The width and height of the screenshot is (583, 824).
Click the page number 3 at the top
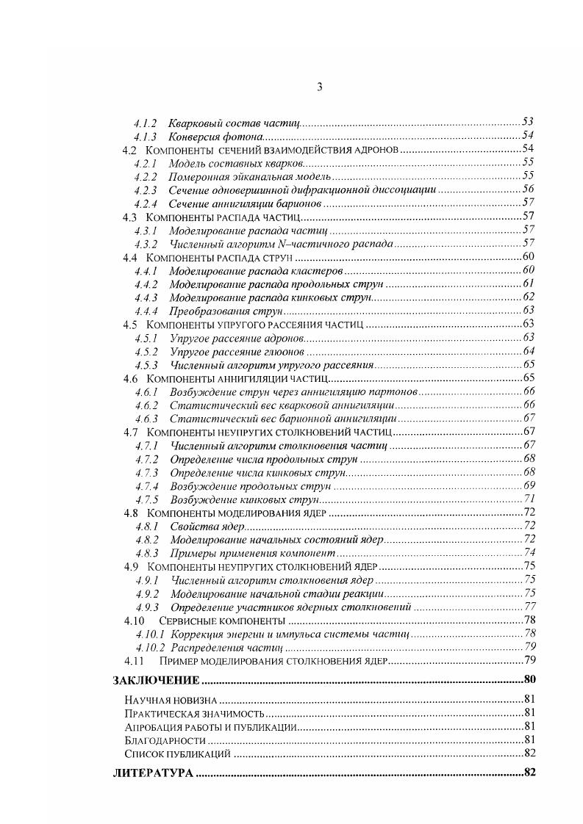(320, 87)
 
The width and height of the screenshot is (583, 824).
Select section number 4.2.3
(146, 189)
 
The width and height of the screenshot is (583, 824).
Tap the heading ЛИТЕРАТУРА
(152, 773)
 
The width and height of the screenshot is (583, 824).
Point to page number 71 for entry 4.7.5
(529, 499)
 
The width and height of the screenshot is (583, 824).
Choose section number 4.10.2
(150, 647)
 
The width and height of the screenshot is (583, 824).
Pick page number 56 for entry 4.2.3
(528, 189)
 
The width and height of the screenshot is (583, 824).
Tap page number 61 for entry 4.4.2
(528, 283)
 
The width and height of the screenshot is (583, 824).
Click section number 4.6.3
(146, 418)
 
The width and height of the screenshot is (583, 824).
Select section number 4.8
(131, 513)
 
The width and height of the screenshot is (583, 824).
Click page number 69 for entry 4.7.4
(529, 485)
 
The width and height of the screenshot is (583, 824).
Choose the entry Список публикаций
(178, 753)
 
